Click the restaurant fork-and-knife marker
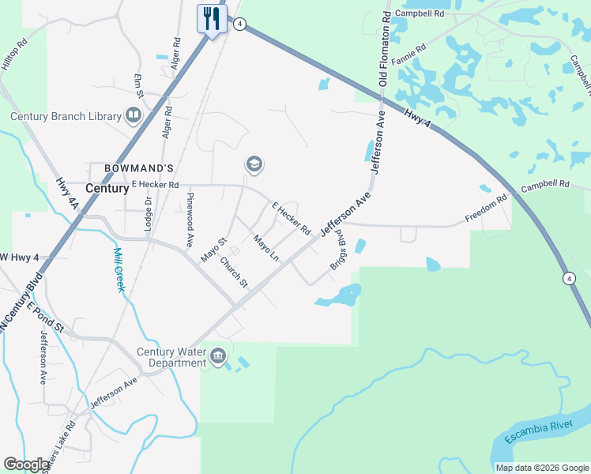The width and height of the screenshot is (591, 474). click(212, 18)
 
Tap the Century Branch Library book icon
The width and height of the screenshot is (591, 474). click(134, 117)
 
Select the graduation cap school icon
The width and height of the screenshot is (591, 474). click(254, 164)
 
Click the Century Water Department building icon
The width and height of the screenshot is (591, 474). click(217, 358)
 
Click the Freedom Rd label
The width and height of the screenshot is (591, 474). click(485, 210)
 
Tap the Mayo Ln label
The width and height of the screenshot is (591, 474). click(266, 247)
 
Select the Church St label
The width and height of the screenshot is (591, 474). click(234, 272)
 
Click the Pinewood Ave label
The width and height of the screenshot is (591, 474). click(190, 220)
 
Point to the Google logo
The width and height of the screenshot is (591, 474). click(27, 465)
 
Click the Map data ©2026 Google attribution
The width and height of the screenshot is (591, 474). click(542, 468)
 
